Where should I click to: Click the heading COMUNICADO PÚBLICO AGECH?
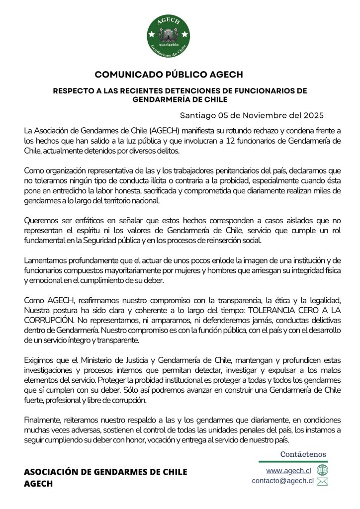[169, 75]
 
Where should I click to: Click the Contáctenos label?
[303, 454]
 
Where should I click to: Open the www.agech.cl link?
[288, 470]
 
